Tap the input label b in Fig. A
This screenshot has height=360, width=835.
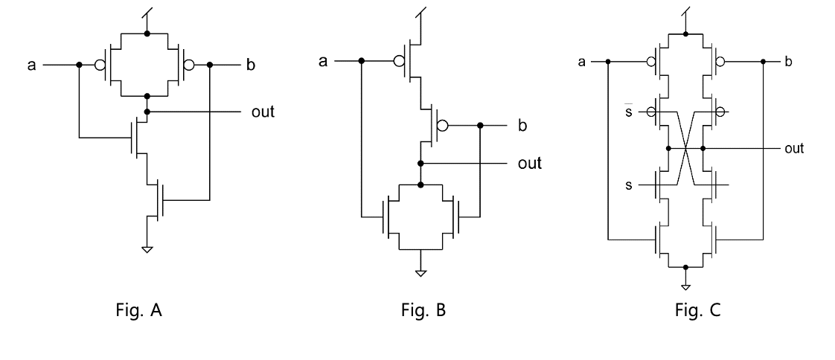point(250,65)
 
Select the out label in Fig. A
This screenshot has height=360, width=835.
point(262,113)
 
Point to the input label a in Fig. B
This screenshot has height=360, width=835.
point(322,60)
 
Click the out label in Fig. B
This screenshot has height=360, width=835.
point(529,163)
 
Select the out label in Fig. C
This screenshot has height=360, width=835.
point(794,148)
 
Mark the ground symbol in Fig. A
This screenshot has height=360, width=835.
point(147,249)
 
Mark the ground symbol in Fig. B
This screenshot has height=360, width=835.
point(421,273)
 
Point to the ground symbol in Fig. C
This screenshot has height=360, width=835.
point(685,286)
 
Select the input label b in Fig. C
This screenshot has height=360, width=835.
point(788,61)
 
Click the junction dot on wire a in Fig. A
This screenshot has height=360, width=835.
point(78,65)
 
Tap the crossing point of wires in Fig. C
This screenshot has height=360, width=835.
point(685,148)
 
